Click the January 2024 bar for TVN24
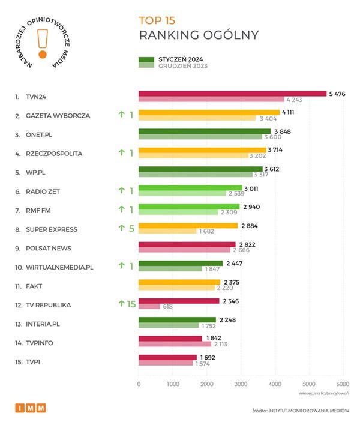coord(233,94)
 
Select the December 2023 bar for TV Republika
coord(149,306)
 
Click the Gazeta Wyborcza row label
coord(58,115)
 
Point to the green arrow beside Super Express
coord(121,229)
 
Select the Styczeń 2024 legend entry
coord(169,59)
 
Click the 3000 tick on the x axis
coord(241,384)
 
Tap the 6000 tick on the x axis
coord(343,384)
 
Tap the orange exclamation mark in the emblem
coord(41,41)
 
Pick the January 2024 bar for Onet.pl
coord(205,131)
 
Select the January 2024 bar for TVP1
coord(167,358)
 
